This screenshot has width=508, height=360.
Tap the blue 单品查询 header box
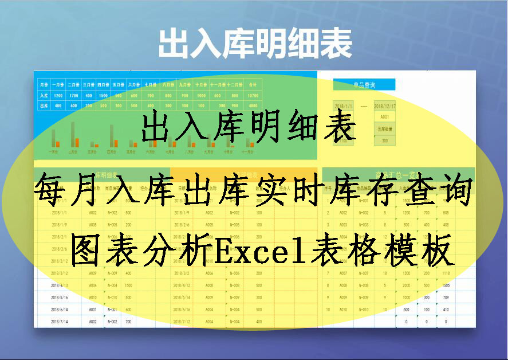pos(364,85)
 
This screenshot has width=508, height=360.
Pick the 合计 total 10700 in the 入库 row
pos(253,95)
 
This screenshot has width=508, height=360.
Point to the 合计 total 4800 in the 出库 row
pos(253,105)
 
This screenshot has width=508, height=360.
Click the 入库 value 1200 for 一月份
pos(58,95)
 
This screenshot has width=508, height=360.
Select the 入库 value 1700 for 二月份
pos(73,95)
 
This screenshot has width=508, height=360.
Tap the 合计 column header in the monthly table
pos(253,84)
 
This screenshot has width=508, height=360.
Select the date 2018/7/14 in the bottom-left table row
pos(60,322)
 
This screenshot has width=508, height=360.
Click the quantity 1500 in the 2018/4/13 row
pos(128,285)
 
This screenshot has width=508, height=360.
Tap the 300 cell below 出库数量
pos(385,140)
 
